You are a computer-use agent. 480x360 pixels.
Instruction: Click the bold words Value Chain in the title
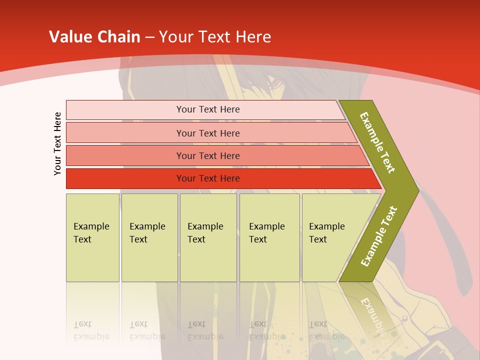pos(94,37)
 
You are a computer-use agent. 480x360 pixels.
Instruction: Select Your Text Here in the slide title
pos(215,37)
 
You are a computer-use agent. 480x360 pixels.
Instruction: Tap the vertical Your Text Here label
pos(57,143)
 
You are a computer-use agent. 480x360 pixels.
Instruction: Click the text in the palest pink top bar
pos(208,109)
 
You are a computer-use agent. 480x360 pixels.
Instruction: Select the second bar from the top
pos(208,133)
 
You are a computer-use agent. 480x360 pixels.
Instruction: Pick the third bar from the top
pos(208,156)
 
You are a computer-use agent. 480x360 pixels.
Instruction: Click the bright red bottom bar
pos(208,178)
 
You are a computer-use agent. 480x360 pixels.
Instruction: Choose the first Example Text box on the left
pos(92,237)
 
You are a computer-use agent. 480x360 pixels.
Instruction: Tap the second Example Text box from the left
pos(149,237)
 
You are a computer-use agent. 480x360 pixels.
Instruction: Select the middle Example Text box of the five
pos(208,237)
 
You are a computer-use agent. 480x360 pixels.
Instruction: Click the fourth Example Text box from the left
pos(269,237)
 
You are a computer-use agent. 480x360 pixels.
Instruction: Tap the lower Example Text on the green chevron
pos(379,236)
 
